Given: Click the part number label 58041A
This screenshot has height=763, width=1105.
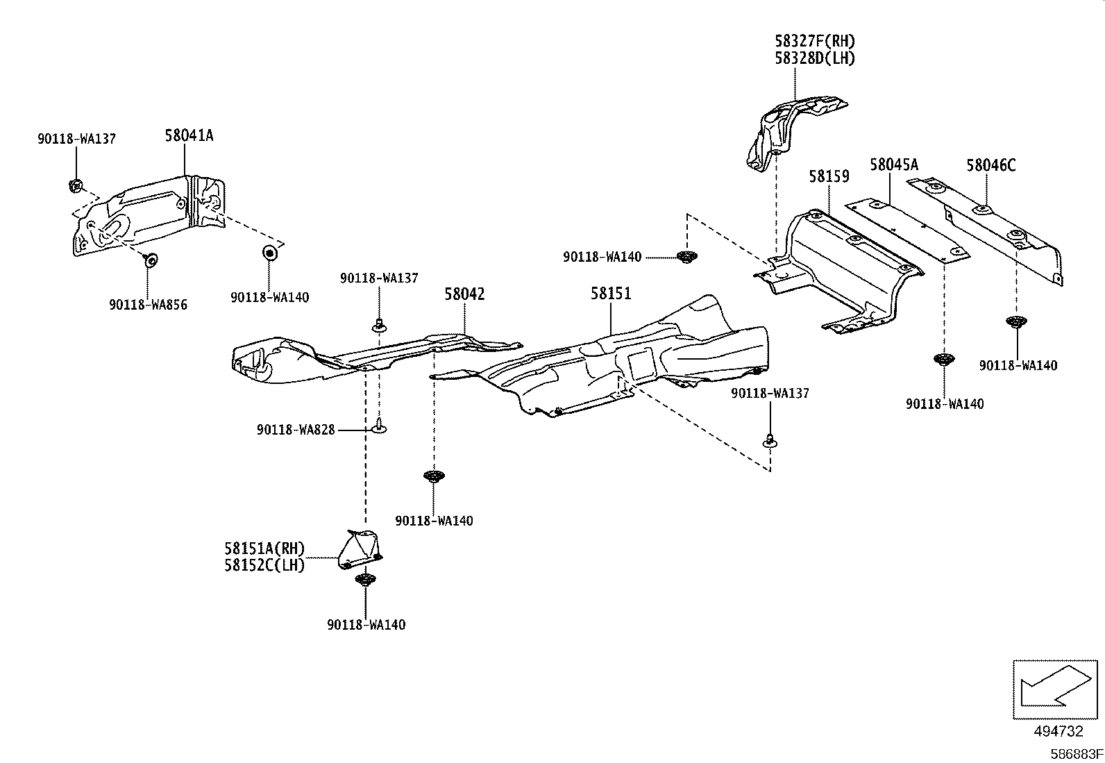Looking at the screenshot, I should pyautogui.click(x=189, y=136).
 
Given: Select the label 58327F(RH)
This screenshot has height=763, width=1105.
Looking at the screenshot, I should pyautogui.click(x=815, y=42).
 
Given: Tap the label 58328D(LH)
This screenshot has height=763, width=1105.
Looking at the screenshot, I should pyautogui.click(x=815, y=58).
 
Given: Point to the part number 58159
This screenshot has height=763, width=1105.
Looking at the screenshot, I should pyautogui.click(x=829, y=177).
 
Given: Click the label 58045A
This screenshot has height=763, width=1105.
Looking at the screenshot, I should pyautogui.click(x=894, y=165).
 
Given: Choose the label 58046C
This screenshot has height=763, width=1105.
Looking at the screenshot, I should pyautogui.click(x=990, y=165).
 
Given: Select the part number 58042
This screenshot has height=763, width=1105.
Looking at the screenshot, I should pyautogui.click(x=464, y=294).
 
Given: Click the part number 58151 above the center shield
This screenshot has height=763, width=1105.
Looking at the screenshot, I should pyautogui.click(x=611, y=294).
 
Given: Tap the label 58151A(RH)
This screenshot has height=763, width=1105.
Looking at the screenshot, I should pyautogui.click(x=264, y=548).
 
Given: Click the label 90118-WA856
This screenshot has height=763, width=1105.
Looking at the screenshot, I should pyautogui.click(x=148, y=305).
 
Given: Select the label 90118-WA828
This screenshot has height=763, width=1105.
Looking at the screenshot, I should pyautogui.click(x=296, y=430).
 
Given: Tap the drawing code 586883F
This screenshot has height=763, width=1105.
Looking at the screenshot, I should pyautogui.click(x=1075, y=753).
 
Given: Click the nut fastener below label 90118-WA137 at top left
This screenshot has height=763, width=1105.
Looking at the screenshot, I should pyautogui.click(x=76, y=185).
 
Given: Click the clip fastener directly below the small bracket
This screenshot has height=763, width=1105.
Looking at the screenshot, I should pyautogui.click(x=364, y=580).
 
